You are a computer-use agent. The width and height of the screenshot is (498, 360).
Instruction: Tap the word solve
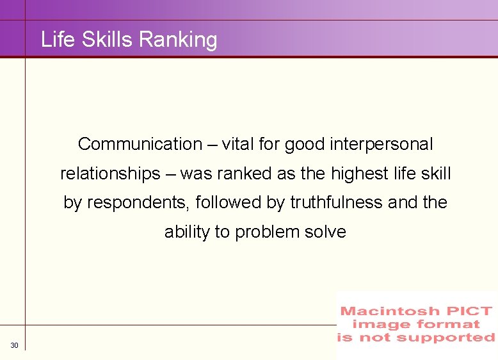point(325,232)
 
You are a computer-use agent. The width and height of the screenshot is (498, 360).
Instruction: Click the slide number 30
point(15,346)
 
